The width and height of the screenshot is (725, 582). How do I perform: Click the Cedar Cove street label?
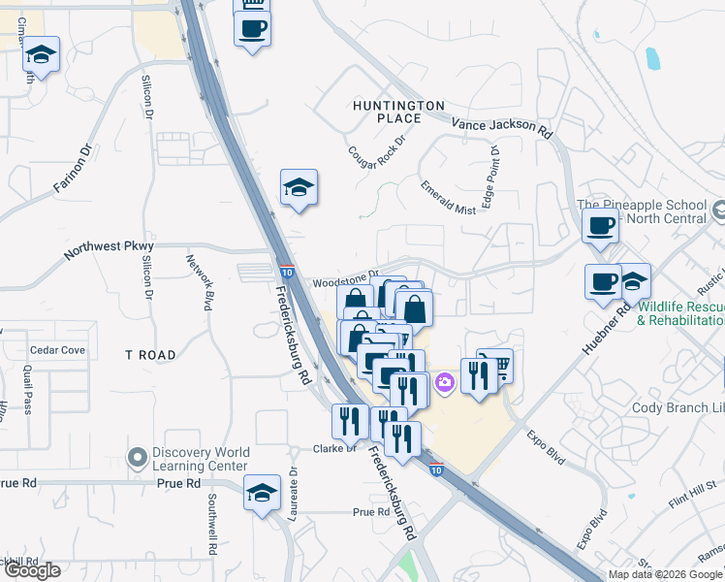coord(57,350)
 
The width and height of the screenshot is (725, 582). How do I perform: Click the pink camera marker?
coord(444,384)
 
